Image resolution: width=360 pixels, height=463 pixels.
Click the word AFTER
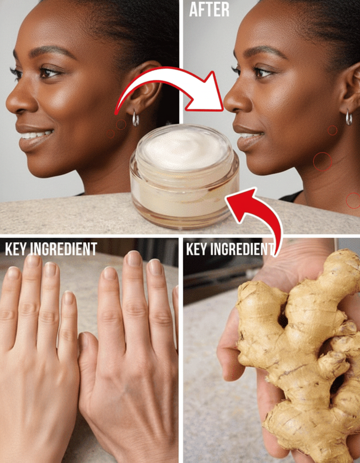tap(209, 10)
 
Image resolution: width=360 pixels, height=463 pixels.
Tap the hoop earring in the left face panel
tap(135, 118)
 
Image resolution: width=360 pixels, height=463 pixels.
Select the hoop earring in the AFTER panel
tap(349, 117)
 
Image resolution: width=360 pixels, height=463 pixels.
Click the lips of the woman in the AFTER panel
tap(248, 137)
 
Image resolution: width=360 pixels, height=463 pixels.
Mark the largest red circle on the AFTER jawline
tap(323, 162)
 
